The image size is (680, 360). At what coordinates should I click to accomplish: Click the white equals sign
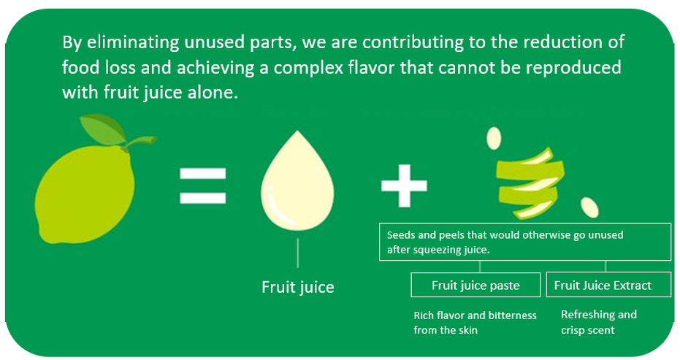[203, 185]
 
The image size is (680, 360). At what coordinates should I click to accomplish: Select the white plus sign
[404, 185]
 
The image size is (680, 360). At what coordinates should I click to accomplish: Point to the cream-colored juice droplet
[297, 182]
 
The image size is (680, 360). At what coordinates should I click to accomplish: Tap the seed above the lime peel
[494, 138]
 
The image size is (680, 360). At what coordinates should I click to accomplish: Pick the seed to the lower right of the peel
[590, 207]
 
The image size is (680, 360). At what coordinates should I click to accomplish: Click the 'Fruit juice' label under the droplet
[298, 287]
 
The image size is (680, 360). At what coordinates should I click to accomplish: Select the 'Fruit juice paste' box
[475, 285]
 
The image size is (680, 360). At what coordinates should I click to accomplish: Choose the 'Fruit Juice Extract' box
[608, 285]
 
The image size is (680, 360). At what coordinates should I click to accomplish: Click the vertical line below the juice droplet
[298, 253]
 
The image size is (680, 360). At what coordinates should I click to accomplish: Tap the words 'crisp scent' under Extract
[588, 330]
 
